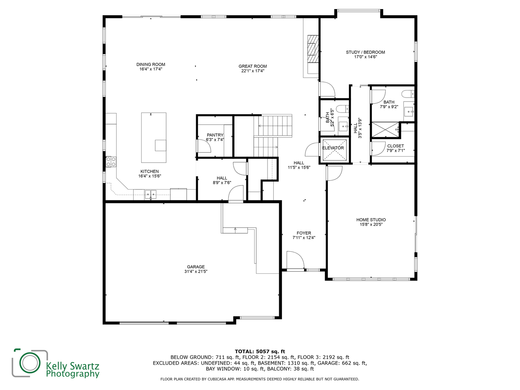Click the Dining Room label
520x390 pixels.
coord(151,64)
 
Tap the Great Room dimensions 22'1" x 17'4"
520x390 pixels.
coord(253,71)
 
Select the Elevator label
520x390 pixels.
coord(333,148)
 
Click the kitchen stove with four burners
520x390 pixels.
coord(111,161)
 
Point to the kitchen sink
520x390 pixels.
coord(151,195)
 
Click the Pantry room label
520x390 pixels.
coord(215,135)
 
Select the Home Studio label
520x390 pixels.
coord(371,220)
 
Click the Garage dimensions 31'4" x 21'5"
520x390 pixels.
coord(196,272)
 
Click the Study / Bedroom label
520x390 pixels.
coord(365,52)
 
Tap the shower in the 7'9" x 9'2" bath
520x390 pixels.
coord(385,130)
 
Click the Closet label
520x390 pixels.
coord(395,146)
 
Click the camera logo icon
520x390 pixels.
coord(30,363)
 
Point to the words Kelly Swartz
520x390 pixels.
coord(72,365)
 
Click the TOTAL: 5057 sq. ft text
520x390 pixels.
coord(260,351)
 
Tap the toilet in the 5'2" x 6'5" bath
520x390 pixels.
coord(342,108)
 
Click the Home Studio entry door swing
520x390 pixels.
coord(334,173)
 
